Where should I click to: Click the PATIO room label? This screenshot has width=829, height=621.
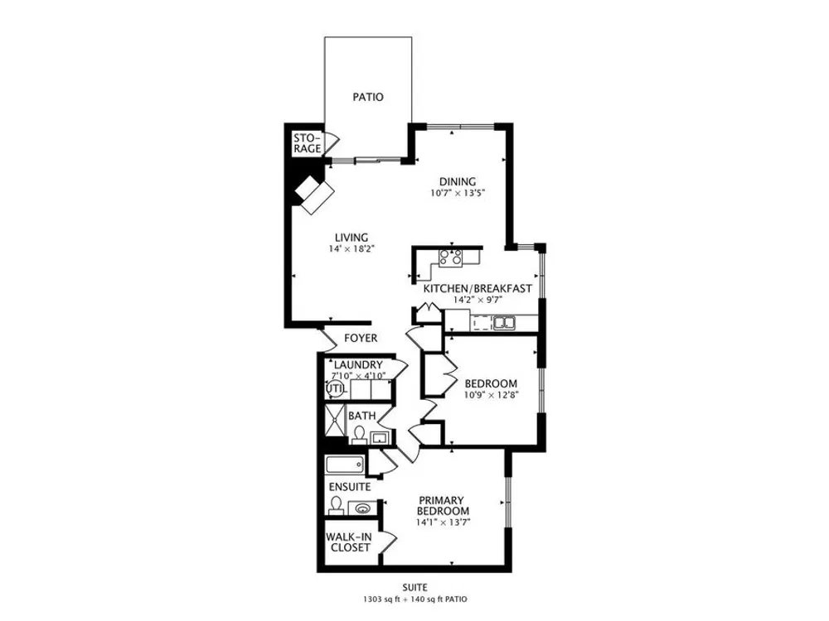pos(368,97)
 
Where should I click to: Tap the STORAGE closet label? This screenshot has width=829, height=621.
pos(308,143)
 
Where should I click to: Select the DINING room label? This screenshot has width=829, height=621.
pos(458,181)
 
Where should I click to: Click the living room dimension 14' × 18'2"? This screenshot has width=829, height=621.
pos(351,248)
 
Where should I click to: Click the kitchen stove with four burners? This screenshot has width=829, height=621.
pos(451,258)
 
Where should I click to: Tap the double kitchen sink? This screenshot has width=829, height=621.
pos(504,321)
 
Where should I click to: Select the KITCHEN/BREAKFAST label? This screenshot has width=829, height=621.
pos(478,289)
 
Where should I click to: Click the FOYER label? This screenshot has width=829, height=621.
pos(361,338)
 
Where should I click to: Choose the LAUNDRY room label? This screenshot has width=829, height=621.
pos(358,365)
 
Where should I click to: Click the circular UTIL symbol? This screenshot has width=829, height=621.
pos(335,390)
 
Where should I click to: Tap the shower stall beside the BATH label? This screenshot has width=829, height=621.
pos(334,421)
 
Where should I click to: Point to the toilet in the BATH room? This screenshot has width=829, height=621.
pos(360,435)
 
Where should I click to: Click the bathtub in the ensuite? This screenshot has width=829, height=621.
pos(345,465)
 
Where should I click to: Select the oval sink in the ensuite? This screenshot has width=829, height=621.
pos(363,508)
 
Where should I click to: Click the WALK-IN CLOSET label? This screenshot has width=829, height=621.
pos(349,542)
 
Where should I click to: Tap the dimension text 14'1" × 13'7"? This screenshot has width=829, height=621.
pos(443,522)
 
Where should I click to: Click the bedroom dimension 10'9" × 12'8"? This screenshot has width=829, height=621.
pos(491,395)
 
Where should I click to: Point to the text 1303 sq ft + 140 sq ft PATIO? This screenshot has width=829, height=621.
pos(414,599)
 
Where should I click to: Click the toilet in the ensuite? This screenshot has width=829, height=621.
pos(336,506)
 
